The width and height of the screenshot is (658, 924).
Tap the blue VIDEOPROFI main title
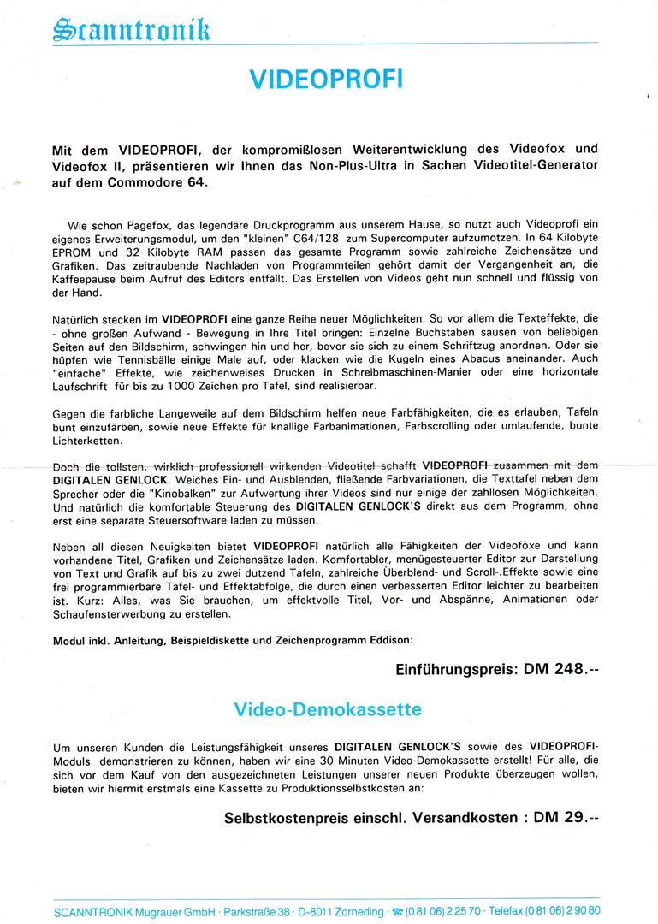point(326,80)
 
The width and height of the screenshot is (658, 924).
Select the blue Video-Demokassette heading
point(327,710)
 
